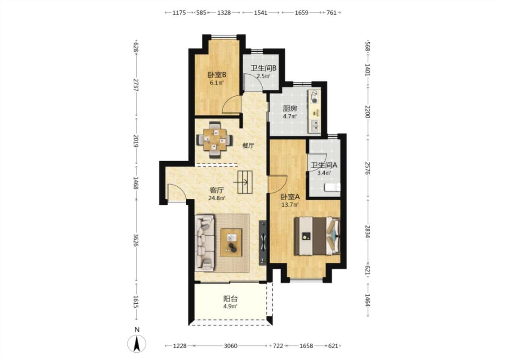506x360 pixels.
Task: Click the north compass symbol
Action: [x=137, y=343]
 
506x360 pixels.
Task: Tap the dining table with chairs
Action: [x=215, y=139]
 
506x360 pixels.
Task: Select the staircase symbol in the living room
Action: [x=245, y=182]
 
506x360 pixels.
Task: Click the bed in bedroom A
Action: [x=317, y=236]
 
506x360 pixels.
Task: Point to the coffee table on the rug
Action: [x=231, y=243]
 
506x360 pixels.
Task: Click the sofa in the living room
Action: [x=204, y=243]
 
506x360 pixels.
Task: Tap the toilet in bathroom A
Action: [x=332, y=187]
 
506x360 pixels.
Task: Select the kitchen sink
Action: [x=314, y=126]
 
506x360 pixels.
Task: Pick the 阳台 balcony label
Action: [x=230, y=299]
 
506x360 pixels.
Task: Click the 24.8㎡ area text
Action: [x=216, y=198]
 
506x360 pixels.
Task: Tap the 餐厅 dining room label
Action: [x=248, y=146]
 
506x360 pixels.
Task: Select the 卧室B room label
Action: [x=216, y=75]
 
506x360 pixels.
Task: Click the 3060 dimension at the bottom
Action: [x=230, y=346]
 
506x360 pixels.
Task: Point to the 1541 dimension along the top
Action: [x=260, y=13]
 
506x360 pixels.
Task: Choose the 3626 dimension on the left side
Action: [x=136, y=240]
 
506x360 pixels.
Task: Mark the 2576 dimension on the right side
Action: [x=367, y=168]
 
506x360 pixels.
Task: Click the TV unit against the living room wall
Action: [x=263, y=243]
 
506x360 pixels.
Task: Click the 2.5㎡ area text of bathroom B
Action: [x=263, y=76]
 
